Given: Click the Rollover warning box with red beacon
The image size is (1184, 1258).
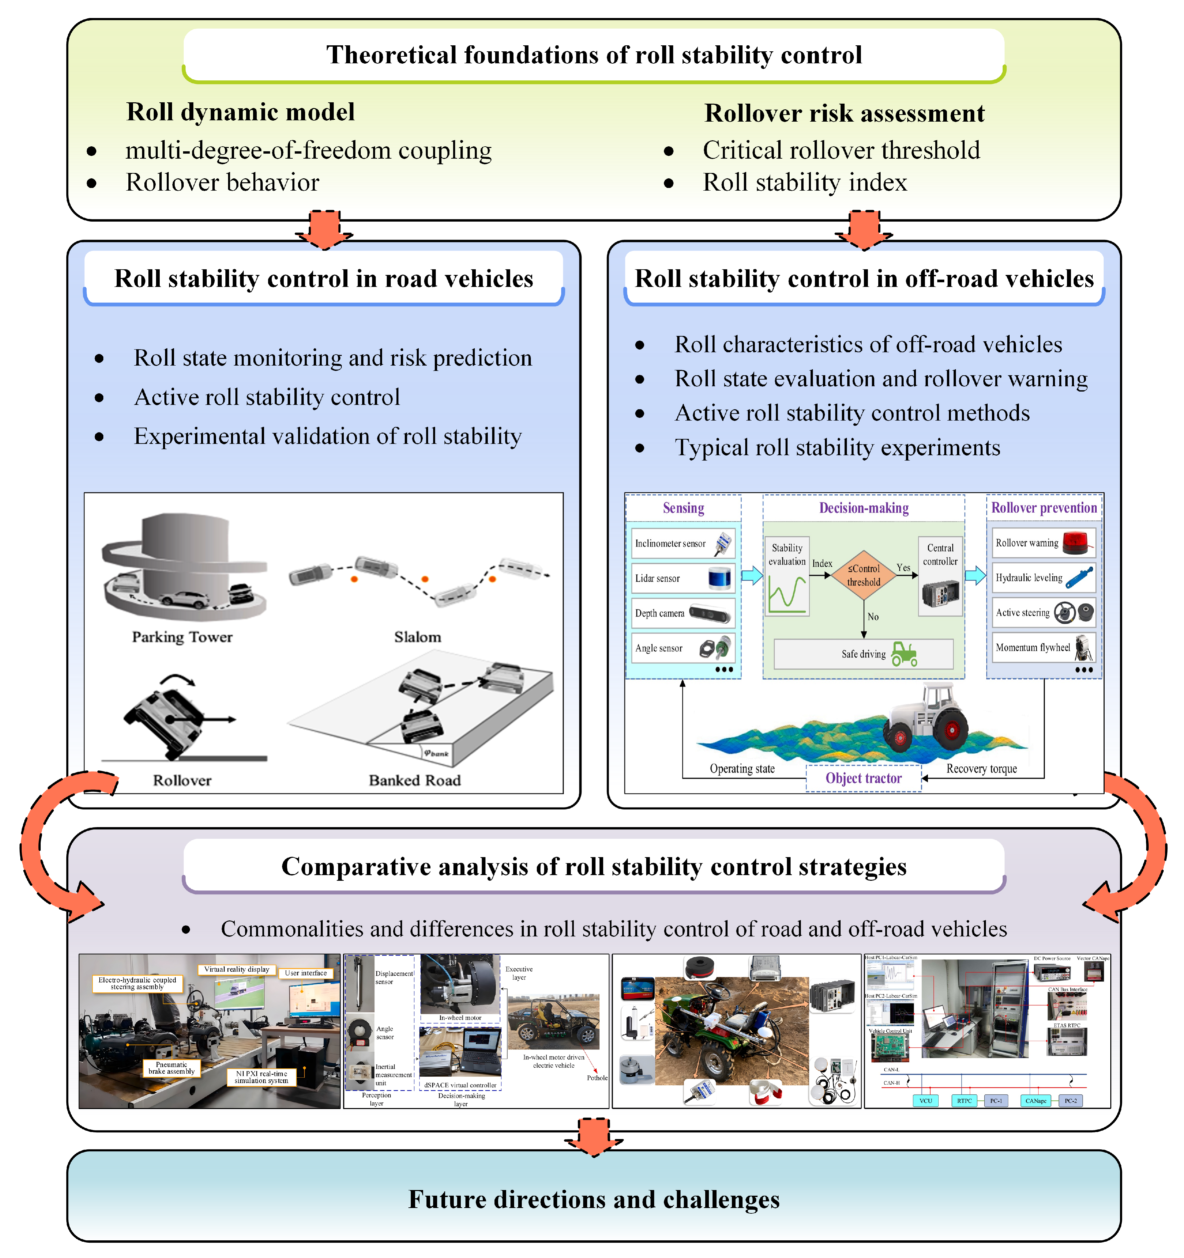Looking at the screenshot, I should click(1043, 543).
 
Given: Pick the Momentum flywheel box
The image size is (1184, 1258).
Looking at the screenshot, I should click(1043, 647).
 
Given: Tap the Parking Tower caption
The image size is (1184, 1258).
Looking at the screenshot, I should click(182, 637).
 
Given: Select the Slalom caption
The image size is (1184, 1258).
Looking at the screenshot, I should click(417, 637).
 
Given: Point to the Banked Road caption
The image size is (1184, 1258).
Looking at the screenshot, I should click(415, 780).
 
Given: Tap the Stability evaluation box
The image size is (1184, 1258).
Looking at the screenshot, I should click(787, 576).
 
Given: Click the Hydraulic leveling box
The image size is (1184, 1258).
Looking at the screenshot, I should click(1043, 578).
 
